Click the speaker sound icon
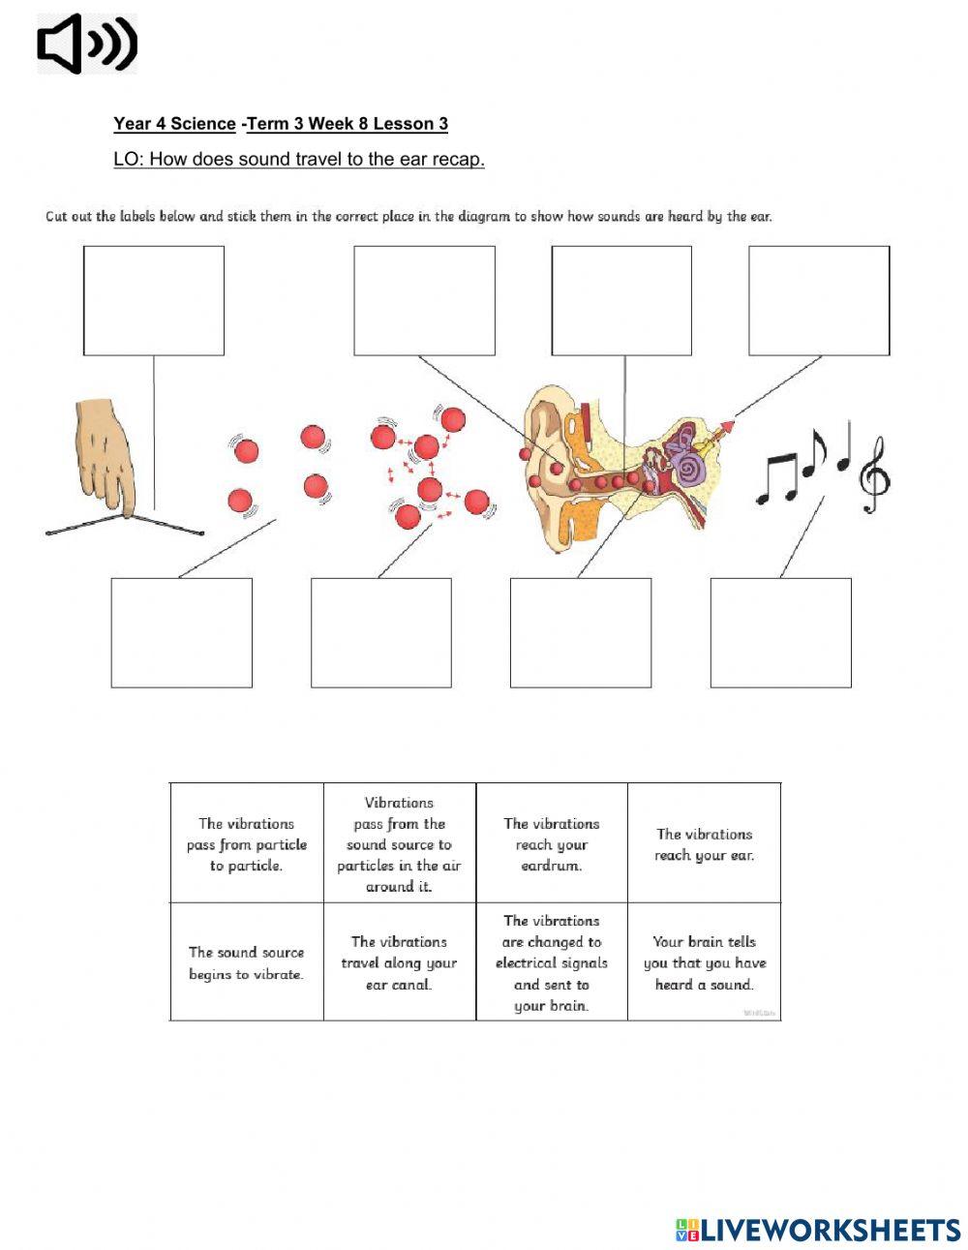[x=86, y=45]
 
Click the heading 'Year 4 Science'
[x=174, y=124]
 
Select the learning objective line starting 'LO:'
[x=298, y=160]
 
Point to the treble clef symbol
[x=874, y=474]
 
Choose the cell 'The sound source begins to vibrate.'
[x=246, y=962]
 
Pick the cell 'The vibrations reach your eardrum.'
[x=551, y=844]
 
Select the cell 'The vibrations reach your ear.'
[x=704, y=844]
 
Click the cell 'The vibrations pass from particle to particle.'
[x=246, y=844]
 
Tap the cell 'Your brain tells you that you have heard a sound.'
[x=704, y=962]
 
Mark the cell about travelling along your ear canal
[x=399, y=962]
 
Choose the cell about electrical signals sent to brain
[x=551, y=962]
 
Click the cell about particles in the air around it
[x=399, y=844]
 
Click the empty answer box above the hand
[x=153, y=300]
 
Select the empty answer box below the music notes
[x=780, y=632]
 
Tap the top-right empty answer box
[x=819, y=300]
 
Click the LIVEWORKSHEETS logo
[x=818, y=1230]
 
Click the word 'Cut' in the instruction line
[x=56, y=216]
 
